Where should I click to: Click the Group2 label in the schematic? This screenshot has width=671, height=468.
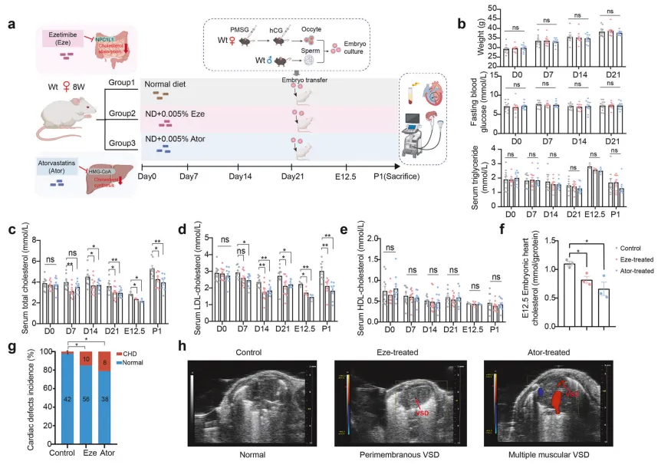[x=121, y=111]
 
